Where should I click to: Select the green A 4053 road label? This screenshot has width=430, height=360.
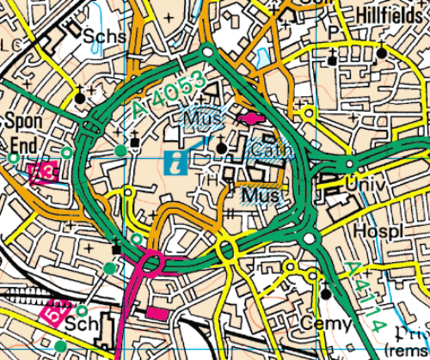pyautogui.click(x=169, y=95)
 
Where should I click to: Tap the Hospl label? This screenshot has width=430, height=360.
pyautogui.click(x=378, y=233)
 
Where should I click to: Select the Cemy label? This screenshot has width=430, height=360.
pyautogui.click(x=327, y=324)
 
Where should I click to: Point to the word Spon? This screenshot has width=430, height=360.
pyautogui.click(x=23, y=120)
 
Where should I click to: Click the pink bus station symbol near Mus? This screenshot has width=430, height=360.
pyautogui.click(x=249, y=118)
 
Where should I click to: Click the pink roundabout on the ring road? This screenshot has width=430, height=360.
pyautogui.click(x=151, y=262)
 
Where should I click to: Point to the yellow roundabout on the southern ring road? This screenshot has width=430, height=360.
pyautogui.click(x=227, y=250)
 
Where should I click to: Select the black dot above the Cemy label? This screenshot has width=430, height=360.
pyautogui.click(x=326, y=294)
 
